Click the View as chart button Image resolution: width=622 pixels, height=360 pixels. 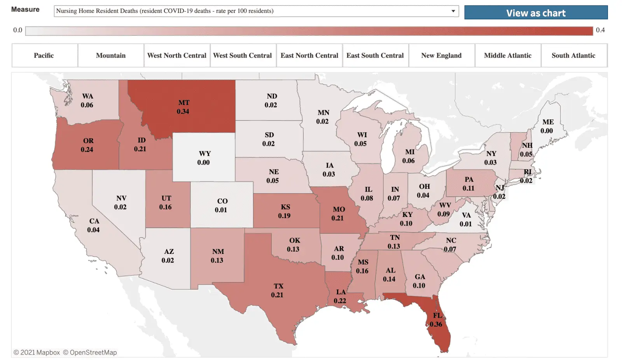tap(536, 12)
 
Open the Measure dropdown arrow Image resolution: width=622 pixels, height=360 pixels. tap(453, 11)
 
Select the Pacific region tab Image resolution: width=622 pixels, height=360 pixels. tap(44, 56)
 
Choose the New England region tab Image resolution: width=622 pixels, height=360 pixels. tap(441, 56)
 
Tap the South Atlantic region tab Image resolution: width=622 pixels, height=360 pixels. tap(573, 56)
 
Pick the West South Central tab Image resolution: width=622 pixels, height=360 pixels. tap(243, 56)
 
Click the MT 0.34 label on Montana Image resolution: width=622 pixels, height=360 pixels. tap(183, 107)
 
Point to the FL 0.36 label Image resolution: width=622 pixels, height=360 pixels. tap(437, 320)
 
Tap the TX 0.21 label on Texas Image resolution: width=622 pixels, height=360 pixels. tap(278, 290)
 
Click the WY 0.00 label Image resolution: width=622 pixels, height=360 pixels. tap(204, 158)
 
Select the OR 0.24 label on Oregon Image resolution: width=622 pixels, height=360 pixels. tap(88, 145)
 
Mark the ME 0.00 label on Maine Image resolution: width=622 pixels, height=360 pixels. tap(547, 126)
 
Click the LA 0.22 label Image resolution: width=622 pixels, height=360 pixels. tap(340, 296)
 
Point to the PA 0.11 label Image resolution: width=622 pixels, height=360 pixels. tap(469, 184)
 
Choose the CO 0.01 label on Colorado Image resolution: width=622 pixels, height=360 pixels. tap(222, 205)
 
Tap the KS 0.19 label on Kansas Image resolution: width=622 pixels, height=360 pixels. tap(285, 211)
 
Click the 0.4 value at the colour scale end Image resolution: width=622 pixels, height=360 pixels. tap(600, 30)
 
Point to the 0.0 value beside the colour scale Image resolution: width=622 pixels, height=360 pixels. tap(17, 30)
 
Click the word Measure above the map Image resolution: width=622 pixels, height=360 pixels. tap(25, 9)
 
